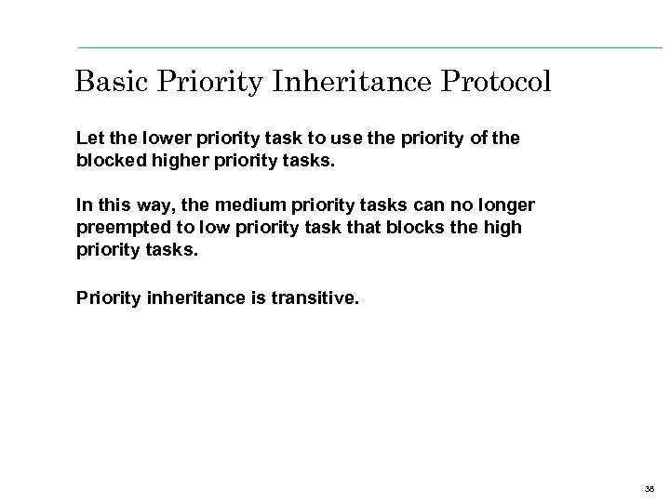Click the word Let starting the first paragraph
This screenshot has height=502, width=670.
[x=89, y=138]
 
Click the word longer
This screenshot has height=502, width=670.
[x=509, y=204]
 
